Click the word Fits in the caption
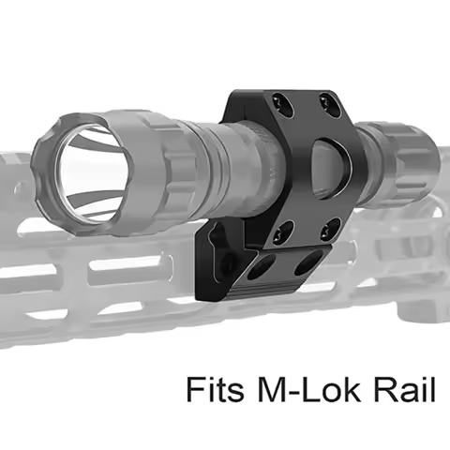pos(215,388)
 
